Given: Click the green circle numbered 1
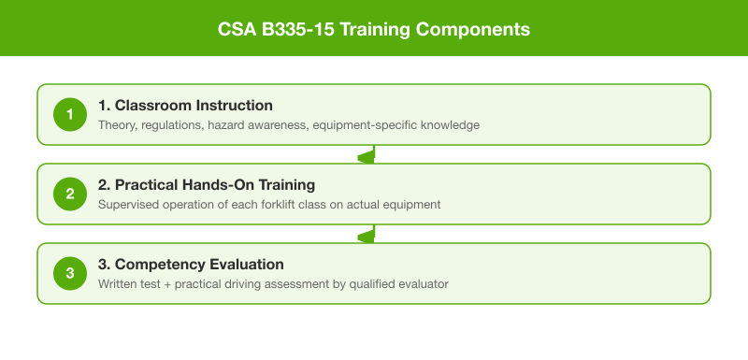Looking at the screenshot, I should [x=68, y=115].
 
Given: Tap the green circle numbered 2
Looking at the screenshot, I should [x=68, y=194].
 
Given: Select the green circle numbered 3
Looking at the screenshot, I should [x=68, y=274].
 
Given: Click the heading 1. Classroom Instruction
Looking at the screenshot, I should [x=185, y=105].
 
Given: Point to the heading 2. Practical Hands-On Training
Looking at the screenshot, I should [x=207, y=184].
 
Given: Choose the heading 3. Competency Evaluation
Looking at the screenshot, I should [x=191, y=264].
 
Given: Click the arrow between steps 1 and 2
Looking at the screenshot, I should [x=373, y=155].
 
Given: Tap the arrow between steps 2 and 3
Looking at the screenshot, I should [x=373, y=235].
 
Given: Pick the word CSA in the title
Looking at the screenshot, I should [x=236, y=29].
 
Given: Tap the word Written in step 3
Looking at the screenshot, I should [x=119, y=284].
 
